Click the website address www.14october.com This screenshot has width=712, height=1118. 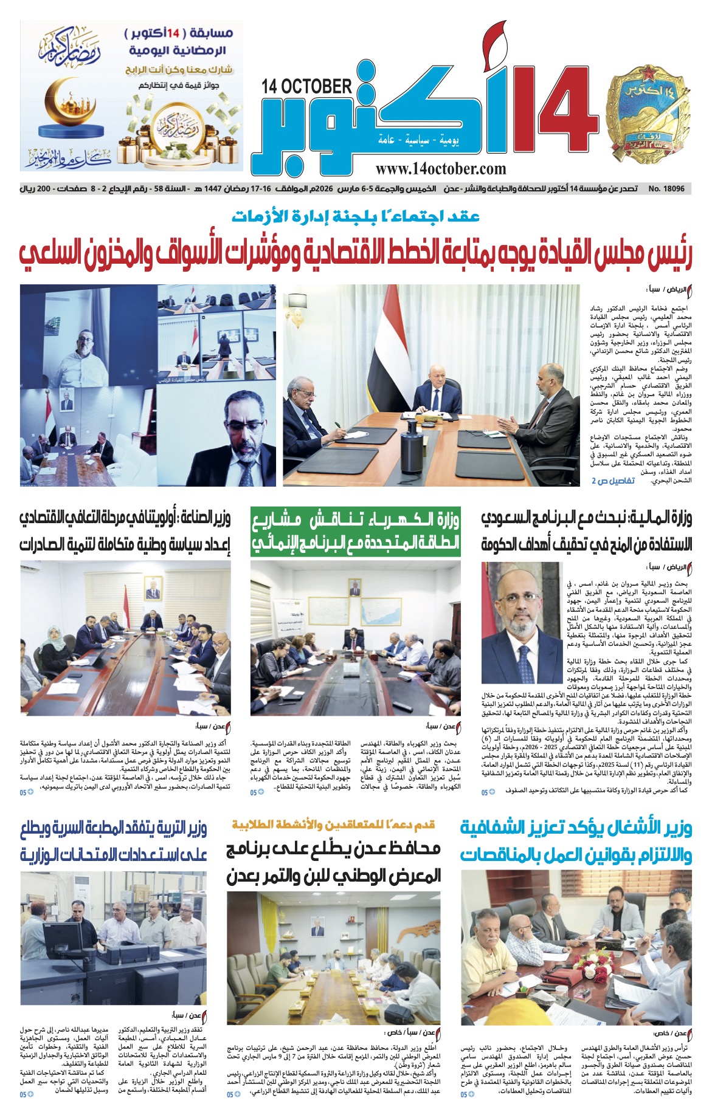point(440,170)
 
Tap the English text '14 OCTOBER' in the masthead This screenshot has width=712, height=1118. point(306,87)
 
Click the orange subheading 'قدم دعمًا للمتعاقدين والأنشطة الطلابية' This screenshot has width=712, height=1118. point(334,825)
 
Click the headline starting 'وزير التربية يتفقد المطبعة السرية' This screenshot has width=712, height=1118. point(114,841)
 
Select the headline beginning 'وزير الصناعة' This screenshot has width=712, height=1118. point(125,531)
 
